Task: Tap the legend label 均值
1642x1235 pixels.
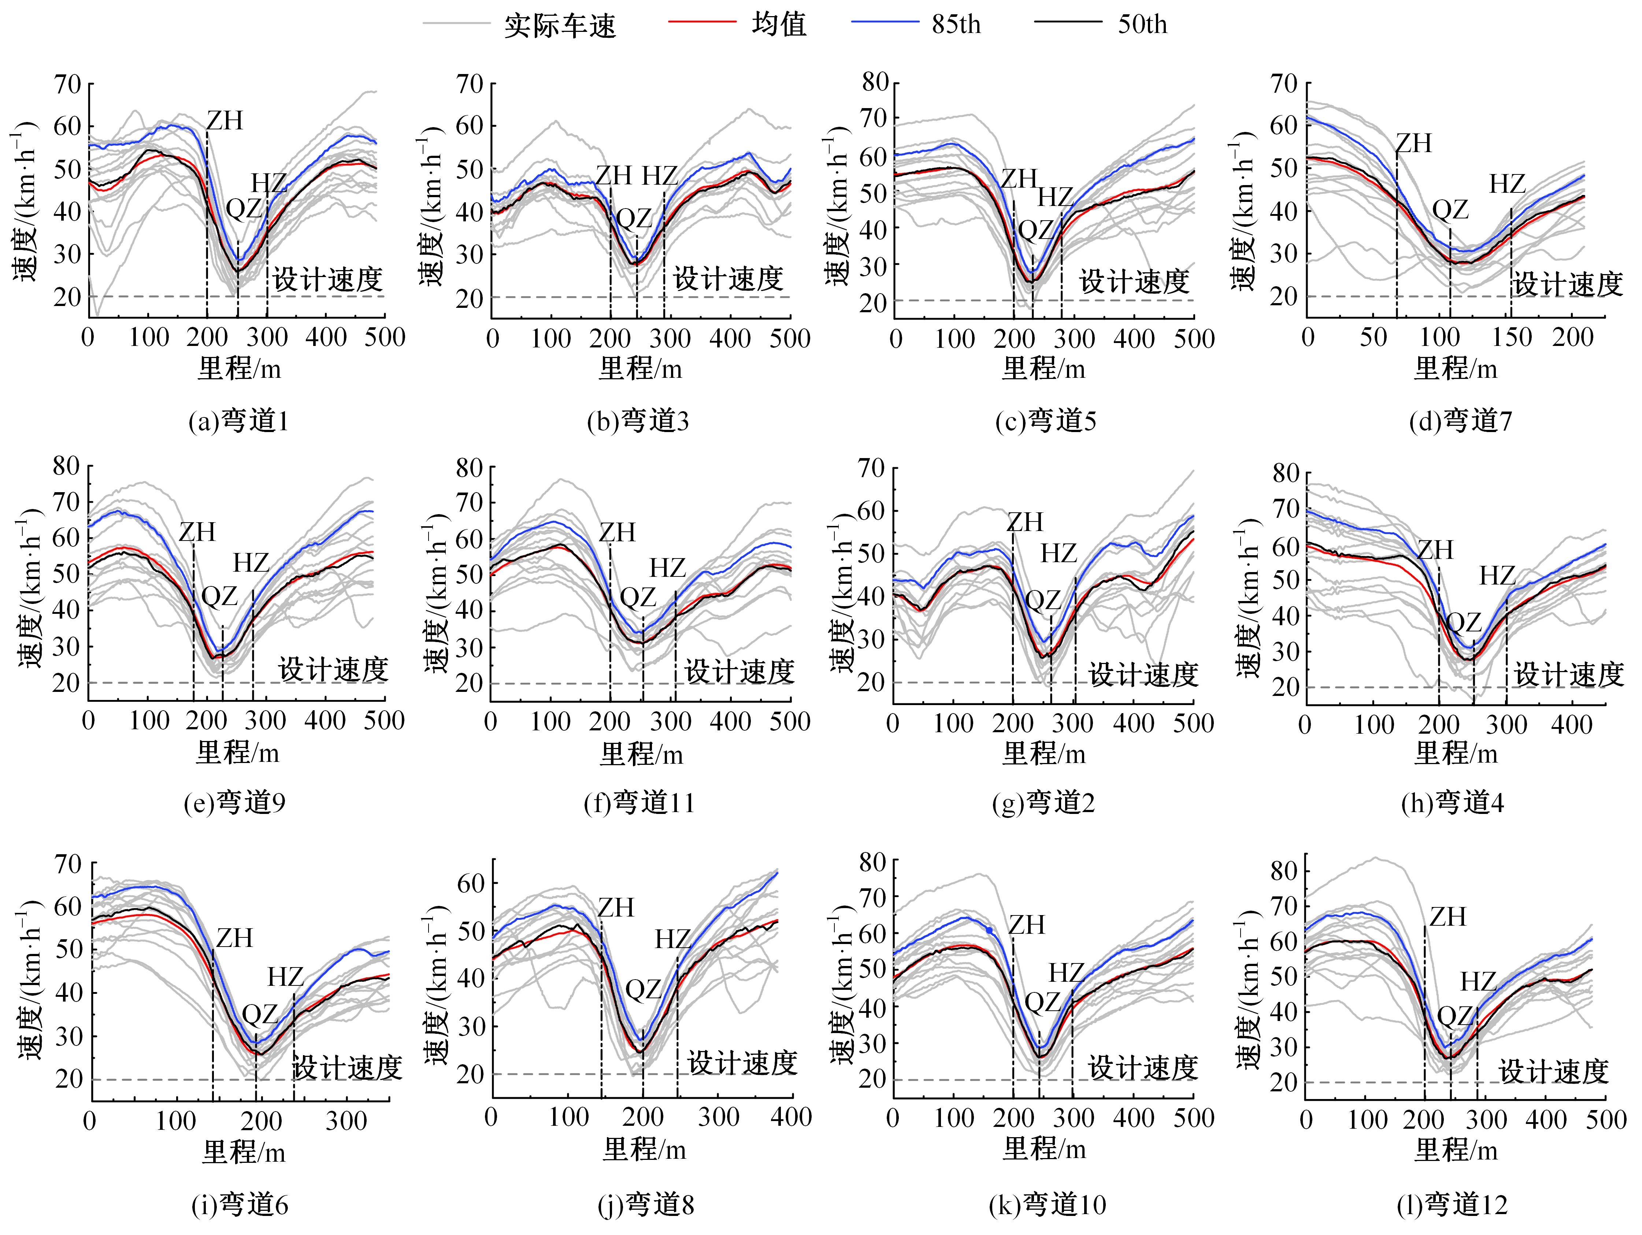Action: (x=779, y=25)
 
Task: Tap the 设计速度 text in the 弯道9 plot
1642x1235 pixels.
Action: (x=333, y=670)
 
